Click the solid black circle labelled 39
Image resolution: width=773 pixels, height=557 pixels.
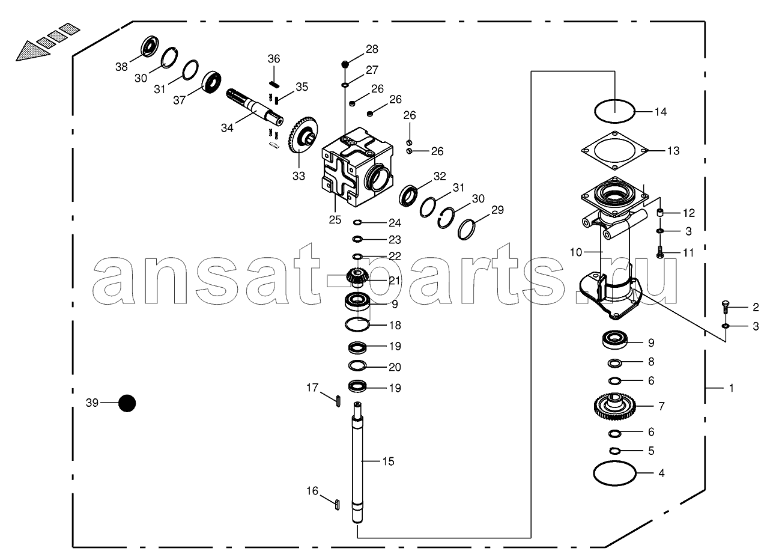point(127,403)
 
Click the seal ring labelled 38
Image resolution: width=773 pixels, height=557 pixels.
point(150,47)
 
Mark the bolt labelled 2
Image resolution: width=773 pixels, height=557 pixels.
point(726,307)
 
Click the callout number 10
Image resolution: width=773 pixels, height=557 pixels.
point(575,252)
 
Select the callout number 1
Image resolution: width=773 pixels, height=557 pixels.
point(731,388)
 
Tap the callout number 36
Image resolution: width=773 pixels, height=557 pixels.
point(274,59)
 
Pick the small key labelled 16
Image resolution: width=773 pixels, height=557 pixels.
point(336,503)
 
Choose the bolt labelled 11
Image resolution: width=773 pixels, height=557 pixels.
point(660,252)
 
